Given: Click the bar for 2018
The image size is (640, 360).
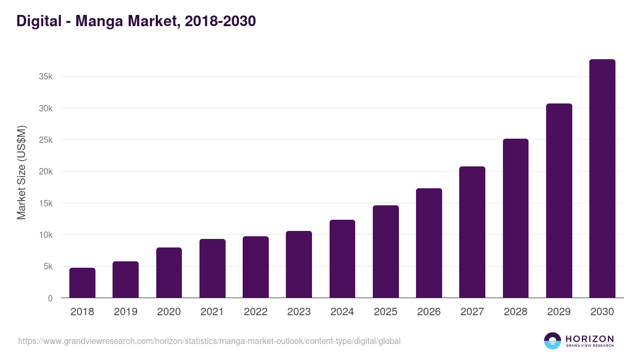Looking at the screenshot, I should [82, 283].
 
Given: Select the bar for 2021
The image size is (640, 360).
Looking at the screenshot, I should [212, 268].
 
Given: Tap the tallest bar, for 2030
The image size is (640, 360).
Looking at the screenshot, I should [602, 179].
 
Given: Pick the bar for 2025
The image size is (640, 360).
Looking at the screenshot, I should [386, 251].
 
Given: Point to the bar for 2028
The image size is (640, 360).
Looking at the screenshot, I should [516, 218].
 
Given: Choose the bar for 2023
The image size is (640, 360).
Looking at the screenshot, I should [299, 264].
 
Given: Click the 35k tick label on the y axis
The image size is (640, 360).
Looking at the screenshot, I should [46, 77].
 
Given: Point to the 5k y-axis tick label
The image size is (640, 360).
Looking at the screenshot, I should [48, 267].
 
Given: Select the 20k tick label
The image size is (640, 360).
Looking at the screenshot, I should [46, 172].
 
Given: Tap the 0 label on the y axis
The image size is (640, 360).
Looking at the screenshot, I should [50, 298].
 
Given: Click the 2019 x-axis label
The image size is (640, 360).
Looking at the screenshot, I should [125, 312].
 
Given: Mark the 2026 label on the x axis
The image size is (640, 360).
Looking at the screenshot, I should [429, 312].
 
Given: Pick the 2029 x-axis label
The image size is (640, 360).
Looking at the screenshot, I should [559, 312].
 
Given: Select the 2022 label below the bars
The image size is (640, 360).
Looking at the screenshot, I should [255, 312].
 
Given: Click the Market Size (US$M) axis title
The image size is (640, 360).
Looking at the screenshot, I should [21, 172].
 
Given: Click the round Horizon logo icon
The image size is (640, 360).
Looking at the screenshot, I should [553, 341].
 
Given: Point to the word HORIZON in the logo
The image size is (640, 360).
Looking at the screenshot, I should [589, 338].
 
